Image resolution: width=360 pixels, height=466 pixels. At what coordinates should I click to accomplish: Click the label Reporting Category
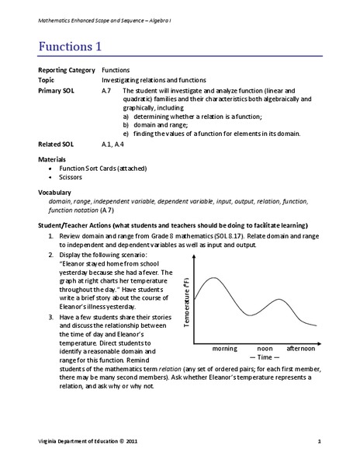[64, 70]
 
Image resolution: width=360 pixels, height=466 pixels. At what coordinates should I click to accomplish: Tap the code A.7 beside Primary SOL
[107, 91]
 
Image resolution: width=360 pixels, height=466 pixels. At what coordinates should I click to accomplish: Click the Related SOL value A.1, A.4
[115, 144]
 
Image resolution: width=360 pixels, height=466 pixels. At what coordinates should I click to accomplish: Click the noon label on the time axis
[265, 349]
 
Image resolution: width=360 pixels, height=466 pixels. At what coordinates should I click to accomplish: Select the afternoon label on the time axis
[302, 349]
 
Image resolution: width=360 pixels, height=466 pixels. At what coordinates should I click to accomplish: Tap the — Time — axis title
[265, 358]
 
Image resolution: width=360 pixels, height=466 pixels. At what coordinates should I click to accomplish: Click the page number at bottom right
[319, 442]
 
